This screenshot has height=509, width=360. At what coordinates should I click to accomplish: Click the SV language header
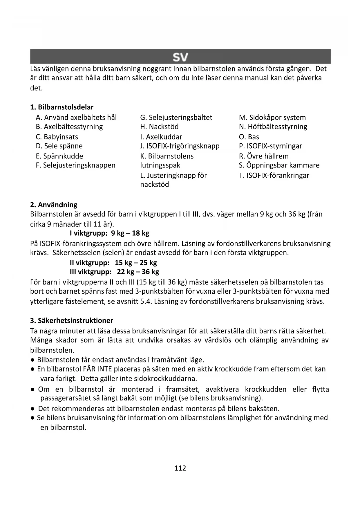point(180,57)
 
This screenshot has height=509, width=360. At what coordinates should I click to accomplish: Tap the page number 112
point(180,468)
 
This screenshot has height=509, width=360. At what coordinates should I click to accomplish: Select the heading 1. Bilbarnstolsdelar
point(62,107)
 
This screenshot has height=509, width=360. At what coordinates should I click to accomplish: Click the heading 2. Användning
point(54,205)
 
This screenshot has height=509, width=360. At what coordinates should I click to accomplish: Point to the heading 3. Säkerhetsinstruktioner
point(71,320)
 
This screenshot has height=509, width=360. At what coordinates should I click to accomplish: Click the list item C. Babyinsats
point(57,137)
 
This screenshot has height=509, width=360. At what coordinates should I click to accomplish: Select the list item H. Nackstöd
point(159,127)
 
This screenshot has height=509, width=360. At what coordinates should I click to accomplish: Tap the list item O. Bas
point(249,137)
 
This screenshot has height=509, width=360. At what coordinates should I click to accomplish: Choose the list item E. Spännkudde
point(59,156)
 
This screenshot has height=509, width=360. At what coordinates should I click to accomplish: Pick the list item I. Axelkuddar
point(161,137)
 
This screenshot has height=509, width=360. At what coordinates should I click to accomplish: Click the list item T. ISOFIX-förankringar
point(274,175)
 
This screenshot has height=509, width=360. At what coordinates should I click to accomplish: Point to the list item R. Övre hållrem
point(264,156)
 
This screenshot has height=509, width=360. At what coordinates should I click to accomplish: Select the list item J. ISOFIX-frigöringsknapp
point(180,146)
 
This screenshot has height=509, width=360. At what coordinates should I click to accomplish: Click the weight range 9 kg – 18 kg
point(130,233)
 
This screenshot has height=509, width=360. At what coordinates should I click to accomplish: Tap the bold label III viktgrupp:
point(91,272)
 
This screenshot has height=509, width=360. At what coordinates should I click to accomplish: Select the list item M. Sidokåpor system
point(272,118)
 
